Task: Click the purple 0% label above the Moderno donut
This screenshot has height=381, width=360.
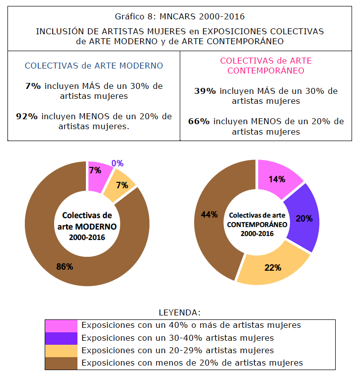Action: coord(117,163)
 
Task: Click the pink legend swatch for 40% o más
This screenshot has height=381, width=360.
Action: coord(61,325)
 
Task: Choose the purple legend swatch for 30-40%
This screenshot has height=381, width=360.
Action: coord(61,338)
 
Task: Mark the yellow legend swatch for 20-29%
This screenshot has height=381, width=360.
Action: coord(61,350)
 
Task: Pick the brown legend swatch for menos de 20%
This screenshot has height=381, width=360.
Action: coord(61,363)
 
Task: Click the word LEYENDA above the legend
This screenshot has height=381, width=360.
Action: coord(179,313)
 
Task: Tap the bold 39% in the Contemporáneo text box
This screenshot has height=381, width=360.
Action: coord(205,91)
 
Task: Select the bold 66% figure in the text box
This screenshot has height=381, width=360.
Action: coord(199,122)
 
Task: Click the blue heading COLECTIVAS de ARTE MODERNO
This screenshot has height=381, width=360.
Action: coord(94,66)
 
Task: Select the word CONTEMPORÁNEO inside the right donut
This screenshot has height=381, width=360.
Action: coord(257,224)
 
